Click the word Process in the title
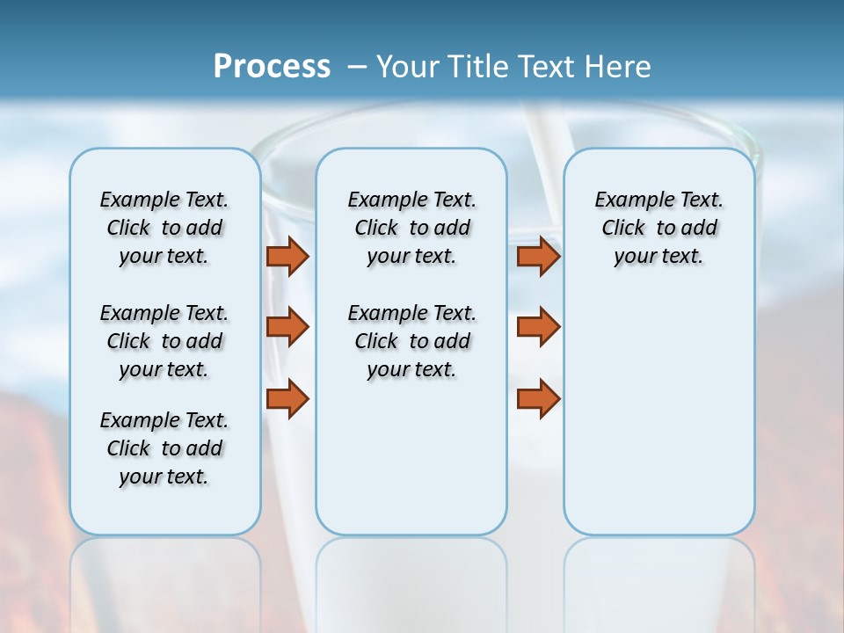coord(272,66)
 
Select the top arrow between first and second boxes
coord(287,256)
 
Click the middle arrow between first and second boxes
coord(287,327)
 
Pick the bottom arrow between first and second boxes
coord(287,399)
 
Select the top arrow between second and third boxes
coord(538,256)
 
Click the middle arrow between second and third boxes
coord(538,327)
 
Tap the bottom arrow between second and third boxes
coord(538,399)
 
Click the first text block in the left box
coord(164,228)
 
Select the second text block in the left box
coord(164,341)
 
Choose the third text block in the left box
coord(164,448)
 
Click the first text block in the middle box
coord(411,228)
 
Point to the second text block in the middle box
coord(411,341)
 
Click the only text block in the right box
coord(658,228)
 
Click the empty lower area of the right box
coord(658,422)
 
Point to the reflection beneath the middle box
coord(411,580)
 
